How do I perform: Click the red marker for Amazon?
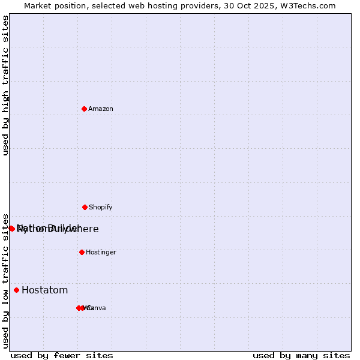85,109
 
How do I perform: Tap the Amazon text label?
101,109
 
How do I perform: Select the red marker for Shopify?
85,207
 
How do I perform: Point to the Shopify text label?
101,208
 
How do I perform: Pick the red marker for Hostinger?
82,252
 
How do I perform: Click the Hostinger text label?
101,253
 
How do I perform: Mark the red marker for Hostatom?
16,290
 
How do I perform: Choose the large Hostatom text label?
44,290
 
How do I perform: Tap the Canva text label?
96,308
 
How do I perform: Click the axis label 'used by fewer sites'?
62,356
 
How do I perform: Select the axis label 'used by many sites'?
301,356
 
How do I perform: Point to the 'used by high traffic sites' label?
6,85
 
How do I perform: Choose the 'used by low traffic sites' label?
6,281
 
